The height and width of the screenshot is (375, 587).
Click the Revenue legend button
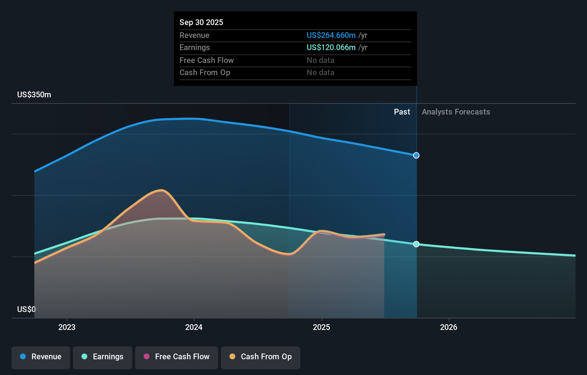coord(41,357)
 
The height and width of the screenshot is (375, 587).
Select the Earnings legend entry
coord(103,357)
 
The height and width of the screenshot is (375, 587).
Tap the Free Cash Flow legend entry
coord(176,357)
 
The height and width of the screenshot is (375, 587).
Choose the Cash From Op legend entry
coord(261,357)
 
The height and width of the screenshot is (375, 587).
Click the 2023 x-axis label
coord(67,327)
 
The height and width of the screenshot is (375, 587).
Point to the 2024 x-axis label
coord(194,327)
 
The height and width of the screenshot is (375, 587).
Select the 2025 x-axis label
coord(321,327)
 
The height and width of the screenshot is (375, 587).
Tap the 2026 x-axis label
coord(449,327)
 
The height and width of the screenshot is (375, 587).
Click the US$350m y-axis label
coord(34,95)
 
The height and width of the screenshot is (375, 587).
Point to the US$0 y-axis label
coord(26,309)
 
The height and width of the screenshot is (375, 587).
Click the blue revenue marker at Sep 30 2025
coord(416,156)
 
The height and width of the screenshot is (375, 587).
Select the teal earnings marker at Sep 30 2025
coord(416,244)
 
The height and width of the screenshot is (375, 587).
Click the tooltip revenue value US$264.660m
coord(331,35)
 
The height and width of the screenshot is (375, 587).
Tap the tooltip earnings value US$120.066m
coord(331,48)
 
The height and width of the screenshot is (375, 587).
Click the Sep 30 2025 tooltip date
coord(201,22)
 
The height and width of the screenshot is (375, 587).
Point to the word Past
coord(402,112)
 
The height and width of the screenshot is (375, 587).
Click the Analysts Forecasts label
coord(456,112)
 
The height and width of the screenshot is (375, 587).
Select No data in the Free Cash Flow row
coord(321,60)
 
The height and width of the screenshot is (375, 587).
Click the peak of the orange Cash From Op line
coord(161,190)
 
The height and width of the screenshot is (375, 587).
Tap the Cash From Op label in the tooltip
coord(205,72)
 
